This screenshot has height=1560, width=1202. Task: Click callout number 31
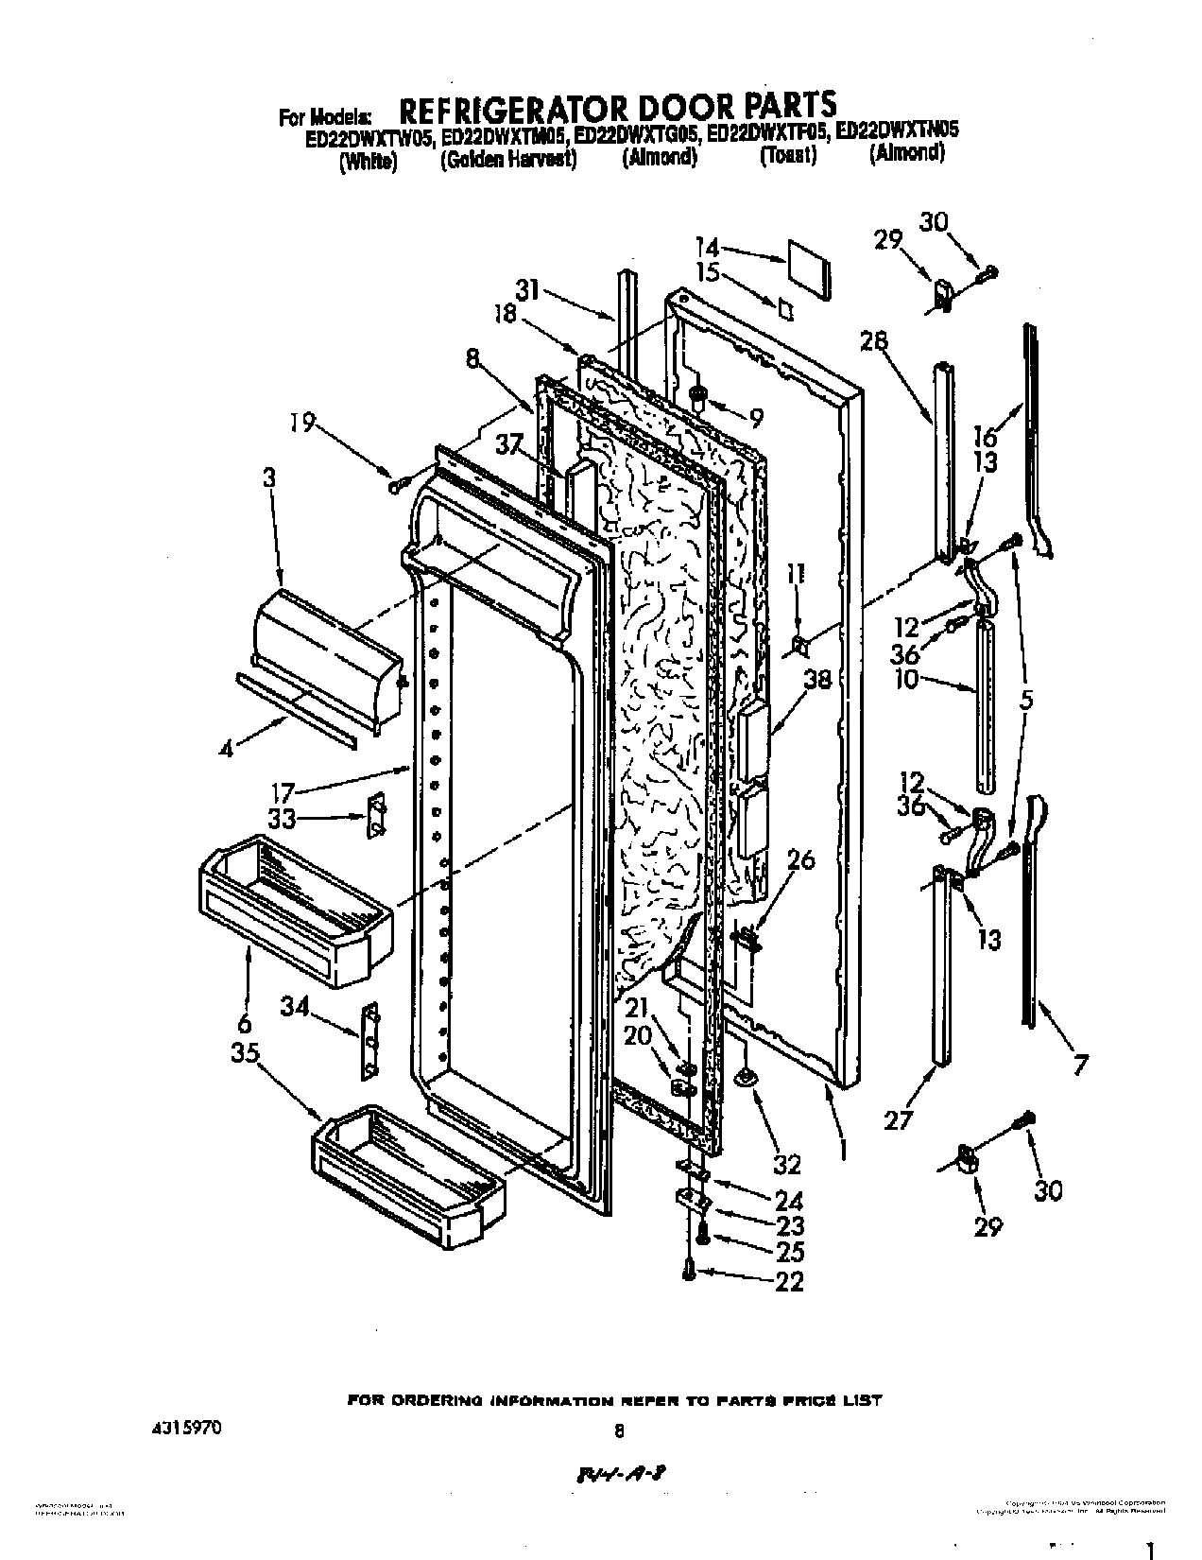[x=527, y=290]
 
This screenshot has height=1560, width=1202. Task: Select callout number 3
[x=271, y=478]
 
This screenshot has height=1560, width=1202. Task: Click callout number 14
[x=708, y=249]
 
